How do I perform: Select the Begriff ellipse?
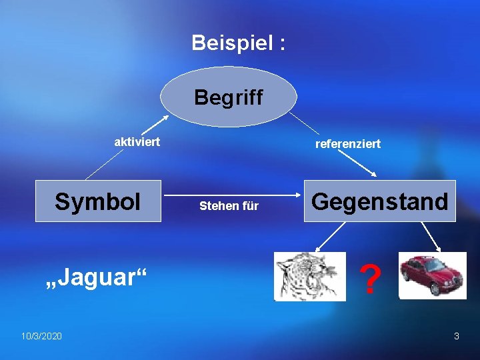(229, 97)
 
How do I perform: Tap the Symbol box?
(98, 201)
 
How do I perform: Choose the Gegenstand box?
(380, 201)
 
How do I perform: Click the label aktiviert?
(137, 141)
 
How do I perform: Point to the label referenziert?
(348, 143)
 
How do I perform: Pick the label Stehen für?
(229, 206)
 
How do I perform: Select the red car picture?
(432, 275)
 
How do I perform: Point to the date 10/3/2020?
(41, 336)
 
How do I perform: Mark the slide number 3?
(457, 336)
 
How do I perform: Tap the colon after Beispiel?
(283, 43)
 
